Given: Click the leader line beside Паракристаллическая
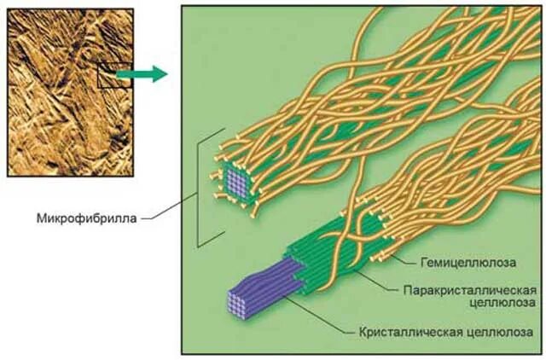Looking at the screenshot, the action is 375,281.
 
